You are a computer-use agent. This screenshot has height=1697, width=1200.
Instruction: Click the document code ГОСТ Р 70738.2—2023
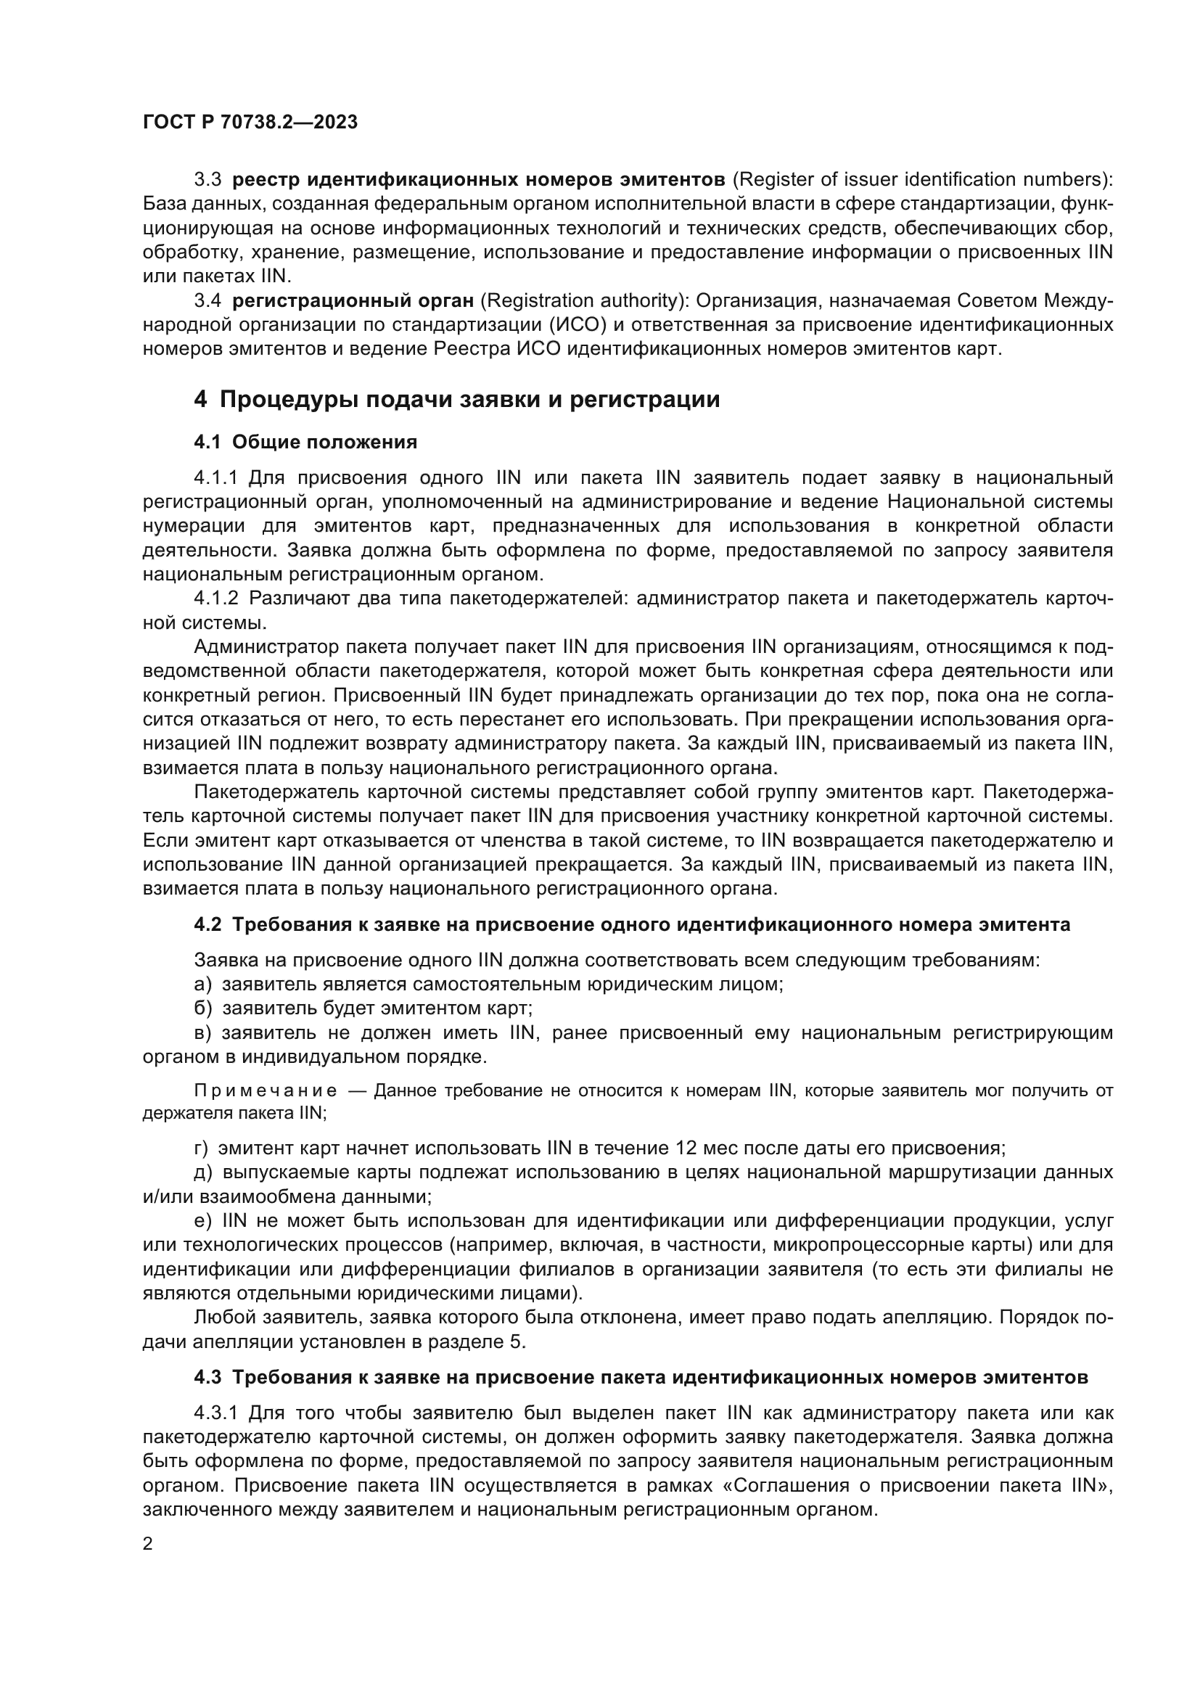(250, 123)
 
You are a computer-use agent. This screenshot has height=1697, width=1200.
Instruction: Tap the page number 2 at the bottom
(148, 1544)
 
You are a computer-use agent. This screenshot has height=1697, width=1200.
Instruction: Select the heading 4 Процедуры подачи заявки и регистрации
(456, 400)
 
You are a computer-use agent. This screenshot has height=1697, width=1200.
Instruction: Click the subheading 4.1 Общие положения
(305, 442)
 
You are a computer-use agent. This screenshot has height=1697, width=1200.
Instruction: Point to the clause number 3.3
(207, 180)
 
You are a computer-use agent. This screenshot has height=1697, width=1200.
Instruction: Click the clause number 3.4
(207, 301)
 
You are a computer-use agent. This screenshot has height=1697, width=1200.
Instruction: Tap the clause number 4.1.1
(215, 478)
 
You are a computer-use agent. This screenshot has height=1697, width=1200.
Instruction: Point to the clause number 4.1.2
(215, 598)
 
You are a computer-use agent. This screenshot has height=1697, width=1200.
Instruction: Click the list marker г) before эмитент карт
(201, 1149)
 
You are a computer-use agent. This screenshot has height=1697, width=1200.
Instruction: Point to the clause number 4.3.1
(215, 1413)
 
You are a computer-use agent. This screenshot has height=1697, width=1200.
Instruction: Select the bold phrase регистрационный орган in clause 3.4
(353, 301)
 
